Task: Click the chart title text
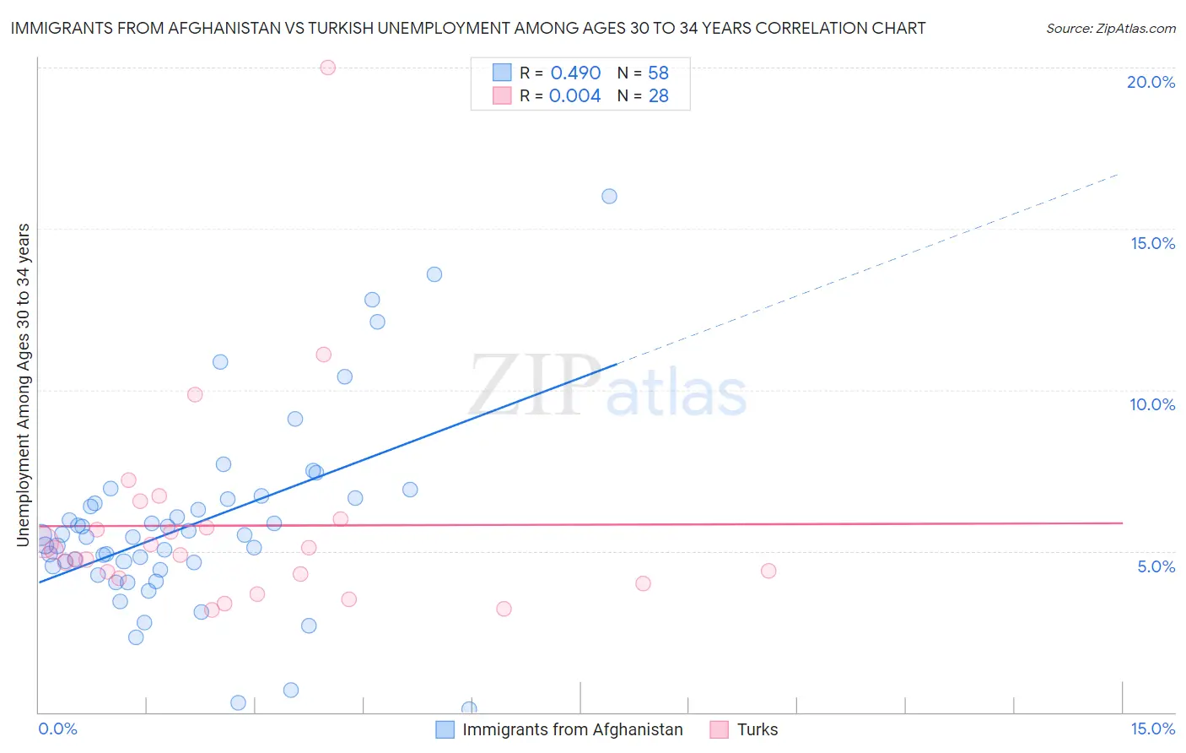pyautogui.click(x=467, y=28)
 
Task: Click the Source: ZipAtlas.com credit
pyautogui.click(x=1110, y=28)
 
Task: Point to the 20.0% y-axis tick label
pyautogui.click(x=1151, y=82)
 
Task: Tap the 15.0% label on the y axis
pyautogui.click(x=1152, y=243)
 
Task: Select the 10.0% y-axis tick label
pyautogui.click(x=1152, y=404)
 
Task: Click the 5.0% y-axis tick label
pyautogui.click(x=1156, y=566)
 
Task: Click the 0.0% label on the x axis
pyautogui.click(x=57, y=729)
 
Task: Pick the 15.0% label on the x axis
pyautogui.click(x=1152, y=729)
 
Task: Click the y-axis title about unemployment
pyautogui.click(x=24, y=384)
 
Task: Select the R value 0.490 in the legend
pyautogui.click(x=575, y=73)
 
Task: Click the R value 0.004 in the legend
pyautogui.click(x=574, y=95)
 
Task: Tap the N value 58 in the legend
pyautogui.click(x=658, y=73)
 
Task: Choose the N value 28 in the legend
pyautogui.click(x=658, y=95)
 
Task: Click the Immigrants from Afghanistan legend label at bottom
pyautogui.click(x=572, y=729)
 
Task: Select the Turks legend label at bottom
pyautogui.click(x=757, y=729)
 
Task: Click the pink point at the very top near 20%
pyautogui.click(x=328, y=68)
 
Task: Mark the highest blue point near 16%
pyautogui.click(x=609, y=196)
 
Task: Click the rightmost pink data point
pyautogui.click(x=768, y=571)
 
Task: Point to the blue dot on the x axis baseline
pyautogui.click(x=469, y=709)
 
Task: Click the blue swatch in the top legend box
pyautogui.click(x=502, y=73)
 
